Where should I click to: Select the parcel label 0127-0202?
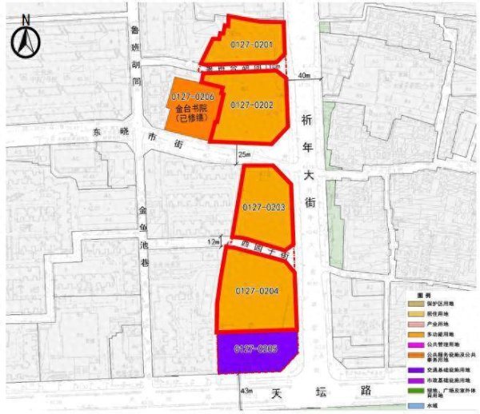coord(252,104)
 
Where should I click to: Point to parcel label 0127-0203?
coord(264,207)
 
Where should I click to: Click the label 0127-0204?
coord(257,291)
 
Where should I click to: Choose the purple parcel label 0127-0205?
coord(256,349)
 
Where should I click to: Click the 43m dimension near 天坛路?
coord(246,391)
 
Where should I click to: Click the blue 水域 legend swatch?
coord(410,407)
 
